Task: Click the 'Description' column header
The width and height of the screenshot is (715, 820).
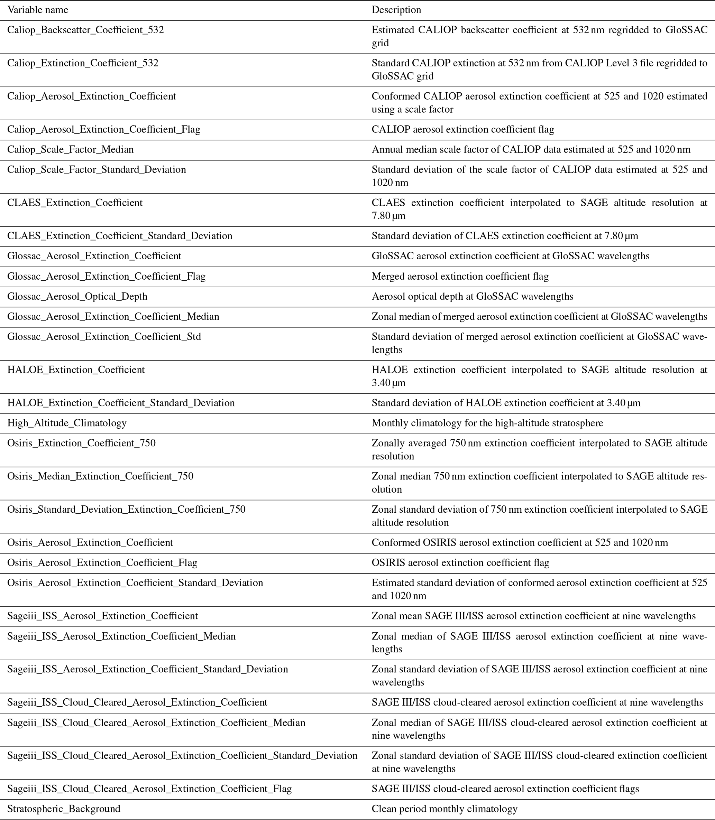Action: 396,10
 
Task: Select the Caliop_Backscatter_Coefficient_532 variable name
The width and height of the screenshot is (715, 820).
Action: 85,30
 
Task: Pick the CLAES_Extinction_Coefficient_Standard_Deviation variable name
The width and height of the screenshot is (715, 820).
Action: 120,236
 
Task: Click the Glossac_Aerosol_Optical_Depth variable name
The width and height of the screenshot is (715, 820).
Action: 77,296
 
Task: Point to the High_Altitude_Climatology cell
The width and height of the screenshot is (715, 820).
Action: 67,423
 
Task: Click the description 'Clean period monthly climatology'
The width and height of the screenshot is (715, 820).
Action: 444,809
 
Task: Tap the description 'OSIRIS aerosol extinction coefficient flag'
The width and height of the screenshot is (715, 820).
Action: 460,562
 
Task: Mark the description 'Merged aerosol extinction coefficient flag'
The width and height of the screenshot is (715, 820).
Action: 460,276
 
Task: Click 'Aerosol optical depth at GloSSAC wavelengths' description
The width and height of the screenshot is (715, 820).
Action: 473,296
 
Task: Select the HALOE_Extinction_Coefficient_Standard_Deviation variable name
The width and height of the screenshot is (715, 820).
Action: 121,403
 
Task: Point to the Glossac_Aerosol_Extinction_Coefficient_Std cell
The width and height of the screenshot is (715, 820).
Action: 104,337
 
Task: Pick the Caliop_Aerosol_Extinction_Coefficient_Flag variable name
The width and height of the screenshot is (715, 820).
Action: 104,129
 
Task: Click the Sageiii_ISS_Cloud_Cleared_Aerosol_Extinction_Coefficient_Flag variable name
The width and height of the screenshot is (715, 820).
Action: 149,789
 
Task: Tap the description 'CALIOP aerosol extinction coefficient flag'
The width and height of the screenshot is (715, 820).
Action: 463,129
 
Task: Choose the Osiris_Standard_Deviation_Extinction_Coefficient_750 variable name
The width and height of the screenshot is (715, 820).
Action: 126,509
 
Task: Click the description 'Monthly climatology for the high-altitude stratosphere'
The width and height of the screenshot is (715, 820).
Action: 487,423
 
